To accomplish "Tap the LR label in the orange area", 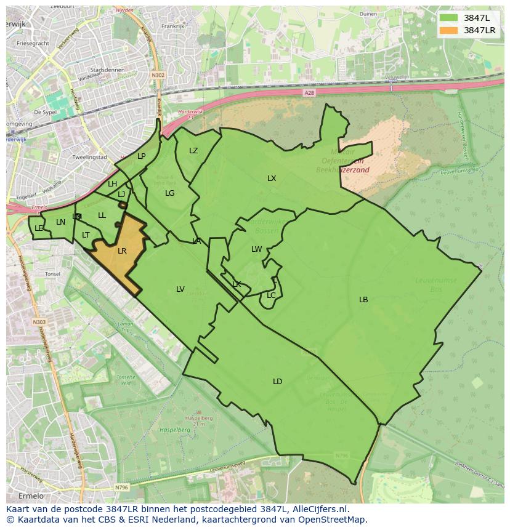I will [x=122, y=251].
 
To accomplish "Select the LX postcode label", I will [x=272, y=179].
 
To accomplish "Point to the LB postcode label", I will [x=363, y=300].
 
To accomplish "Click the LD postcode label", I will [x=277, y=382].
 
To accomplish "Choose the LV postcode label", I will [x=180, y=289].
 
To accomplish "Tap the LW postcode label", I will [x=257, y=249].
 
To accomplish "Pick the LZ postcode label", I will [x=193, y=151].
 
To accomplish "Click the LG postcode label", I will [x=170, y=193].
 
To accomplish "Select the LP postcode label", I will [x=142, y=156].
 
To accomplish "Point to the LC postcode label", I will [x=271, y=295].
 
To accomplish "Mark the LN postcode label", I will [x=60, y=222].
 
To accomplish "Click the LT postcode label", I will [x=86, y=235].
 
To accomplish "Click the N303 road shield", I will [x=39, y=322].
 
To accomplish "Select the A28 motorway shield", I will [x=309, y=92].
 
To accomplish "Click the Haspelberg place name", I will [x=198, y=418].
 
